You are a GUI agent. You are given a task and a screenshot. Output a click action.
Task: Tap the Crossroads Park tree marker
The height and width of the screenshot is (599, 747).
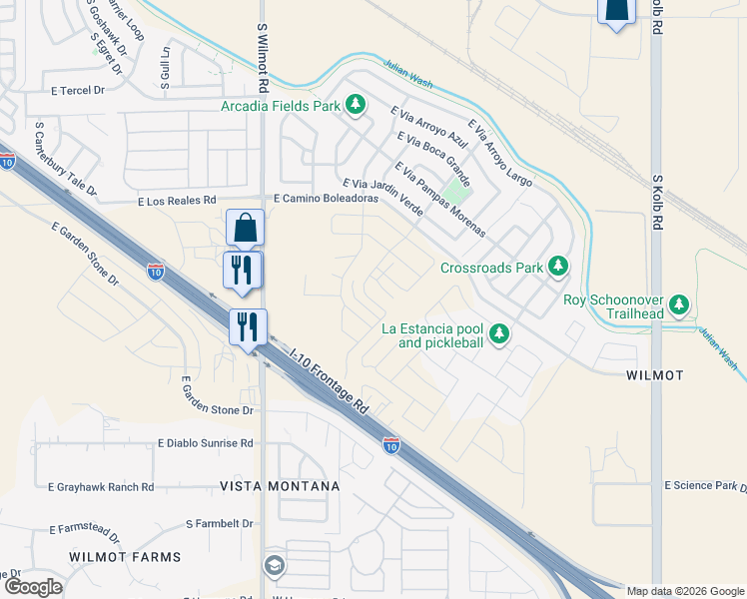click(558, 267)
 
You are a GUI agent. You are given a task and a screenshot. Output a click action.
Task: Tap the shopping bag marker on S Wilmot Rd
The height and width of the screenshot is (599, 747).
click(245, 229)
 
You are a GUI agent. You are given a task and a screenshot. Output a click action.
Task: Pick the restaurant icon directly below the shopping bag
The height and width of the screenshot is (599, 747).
click(243, 270)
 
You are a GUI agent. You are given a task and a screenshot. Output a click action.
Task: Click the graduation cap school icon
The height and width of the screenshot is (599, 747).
click(273, 566)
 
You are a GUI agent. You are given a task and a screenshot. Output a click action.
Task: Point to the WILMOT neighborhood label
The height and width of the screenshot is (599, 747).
click(654, 375)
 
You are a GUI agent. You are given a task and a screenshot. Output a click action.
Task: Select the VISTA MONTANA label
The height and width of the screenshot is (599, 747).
click(280, 486)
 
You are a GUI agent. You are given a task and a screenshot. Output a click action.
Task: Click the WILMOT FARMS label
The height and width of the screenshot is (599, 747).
click(125, 556)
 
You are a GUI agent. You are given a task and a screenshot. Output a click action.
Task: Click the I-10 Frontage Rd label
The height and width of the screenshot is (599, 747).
click(330, 380)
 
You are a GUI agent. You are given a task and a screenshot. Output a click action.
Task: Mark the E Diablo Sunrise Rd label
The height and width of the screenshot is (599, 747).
click(205, 443)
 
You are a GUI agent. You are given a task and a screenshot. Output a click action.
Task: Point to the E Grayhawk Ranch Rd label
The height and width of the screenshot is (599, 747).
click(101, 487)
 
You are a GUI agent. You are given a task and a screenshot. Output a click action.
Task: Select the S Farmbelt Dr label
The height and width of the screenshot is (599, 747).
click(220, 523)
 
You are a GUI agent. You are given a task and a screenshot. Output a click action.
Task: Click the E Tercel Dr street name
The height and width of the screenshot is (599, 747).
click(78, 91)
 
